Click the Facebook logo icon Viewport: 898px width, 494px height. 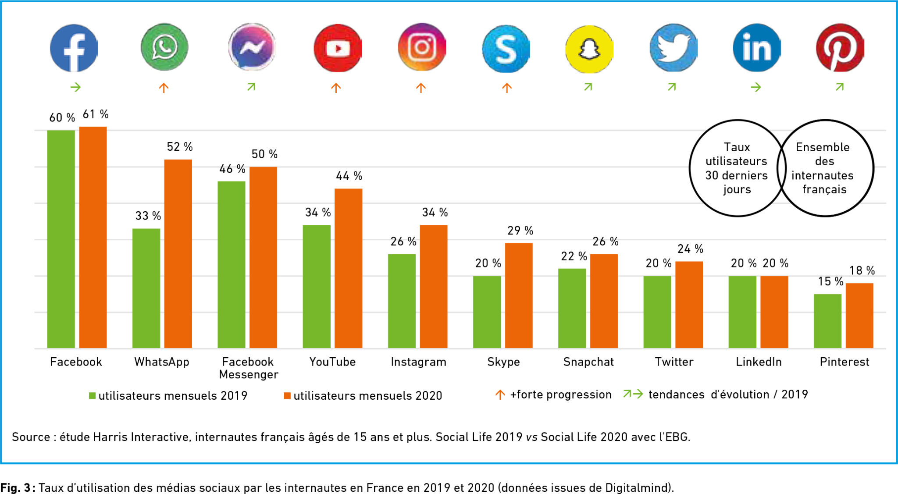(74, 48)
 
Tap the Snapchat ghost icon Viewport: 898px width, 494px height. (589, 49)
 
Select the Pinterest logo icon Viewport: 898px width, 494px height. (840, 48)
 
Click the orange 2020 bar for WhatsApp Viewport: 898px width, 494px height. (178, 254)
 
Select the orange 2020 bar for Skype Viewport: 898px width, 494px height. (519, 295)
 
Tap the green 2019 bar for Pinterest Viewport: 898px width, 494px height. (827, 321)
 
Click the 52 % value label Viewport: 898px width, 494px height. (180, 147)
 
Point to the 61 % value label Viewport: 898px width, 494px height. (96, 114)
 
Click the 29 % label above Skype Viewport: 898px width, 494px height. (520, 231)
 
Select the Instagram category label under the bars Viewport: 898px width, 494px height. (418, 362)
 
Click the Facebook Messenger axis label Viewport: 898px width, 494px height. (248, 368)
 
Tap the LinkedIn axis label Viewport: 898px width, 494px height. (759, 362)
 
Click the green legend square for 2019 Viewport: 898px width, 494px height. (92, 396)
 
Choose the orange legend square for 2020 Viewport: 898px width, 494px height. (287, 396)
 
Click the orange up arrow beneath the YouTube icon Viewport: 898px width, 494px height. (336, 88)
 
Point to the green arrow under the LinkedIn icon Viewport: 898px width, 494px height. (755, 88)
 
